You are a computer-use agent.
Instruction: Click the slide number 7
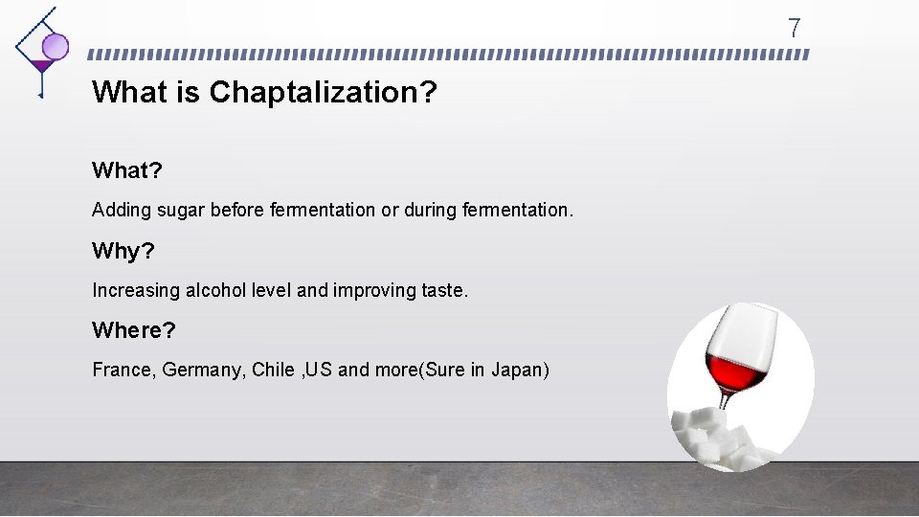794,28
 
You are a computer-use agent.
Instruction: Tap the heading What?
126,170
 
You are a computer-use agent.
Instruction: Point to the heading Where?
134,330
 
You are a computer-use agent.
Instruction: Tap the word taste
444,290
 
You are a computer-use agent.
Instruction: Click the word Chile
274,370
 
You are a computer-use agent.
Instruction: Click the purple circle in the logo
56,45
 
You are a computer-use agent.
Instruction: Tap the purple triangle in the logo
40,66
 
